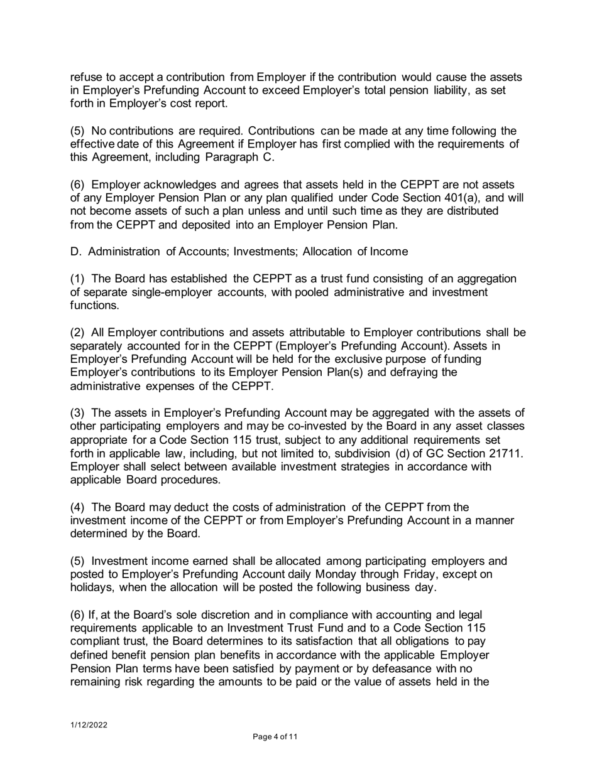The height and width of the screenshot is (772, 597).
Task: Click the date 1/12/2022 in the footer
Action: [x=88, y=725]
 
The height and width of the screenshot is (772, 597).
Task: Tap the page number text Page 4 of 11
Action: [x=275, y=737]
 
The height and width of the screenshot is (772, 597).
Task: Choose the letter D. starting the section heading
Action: [x=75, y=252]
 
